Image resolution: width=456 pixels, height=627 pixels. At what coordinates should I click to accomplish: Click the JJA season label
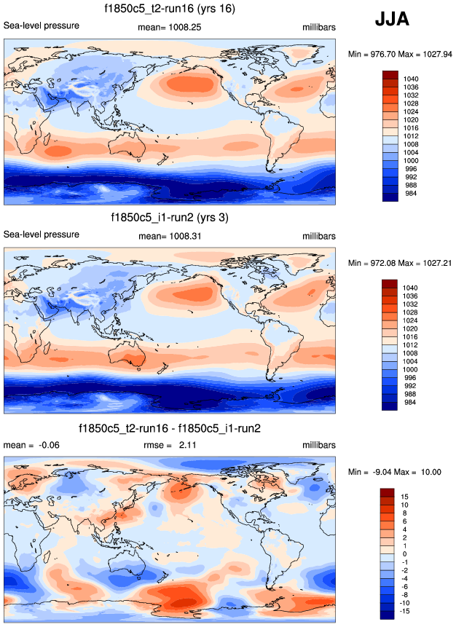392,20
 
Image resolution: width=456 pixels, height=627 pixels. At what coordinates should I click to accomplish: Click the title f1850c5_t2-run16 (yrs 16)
168,9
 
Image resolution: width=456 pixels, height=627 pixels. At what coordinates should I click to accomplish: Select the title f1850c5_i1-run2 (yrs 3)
168,217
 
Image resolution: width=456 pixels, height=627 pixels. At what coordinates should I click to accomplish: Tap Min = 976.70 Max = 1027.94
401,54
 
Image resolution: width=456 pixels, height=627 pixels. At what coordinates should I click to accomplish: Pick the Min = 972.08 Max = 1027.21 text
401,262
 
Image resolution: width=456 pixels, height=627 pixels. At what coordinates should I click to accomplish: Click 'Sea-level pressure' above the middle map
42,234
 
